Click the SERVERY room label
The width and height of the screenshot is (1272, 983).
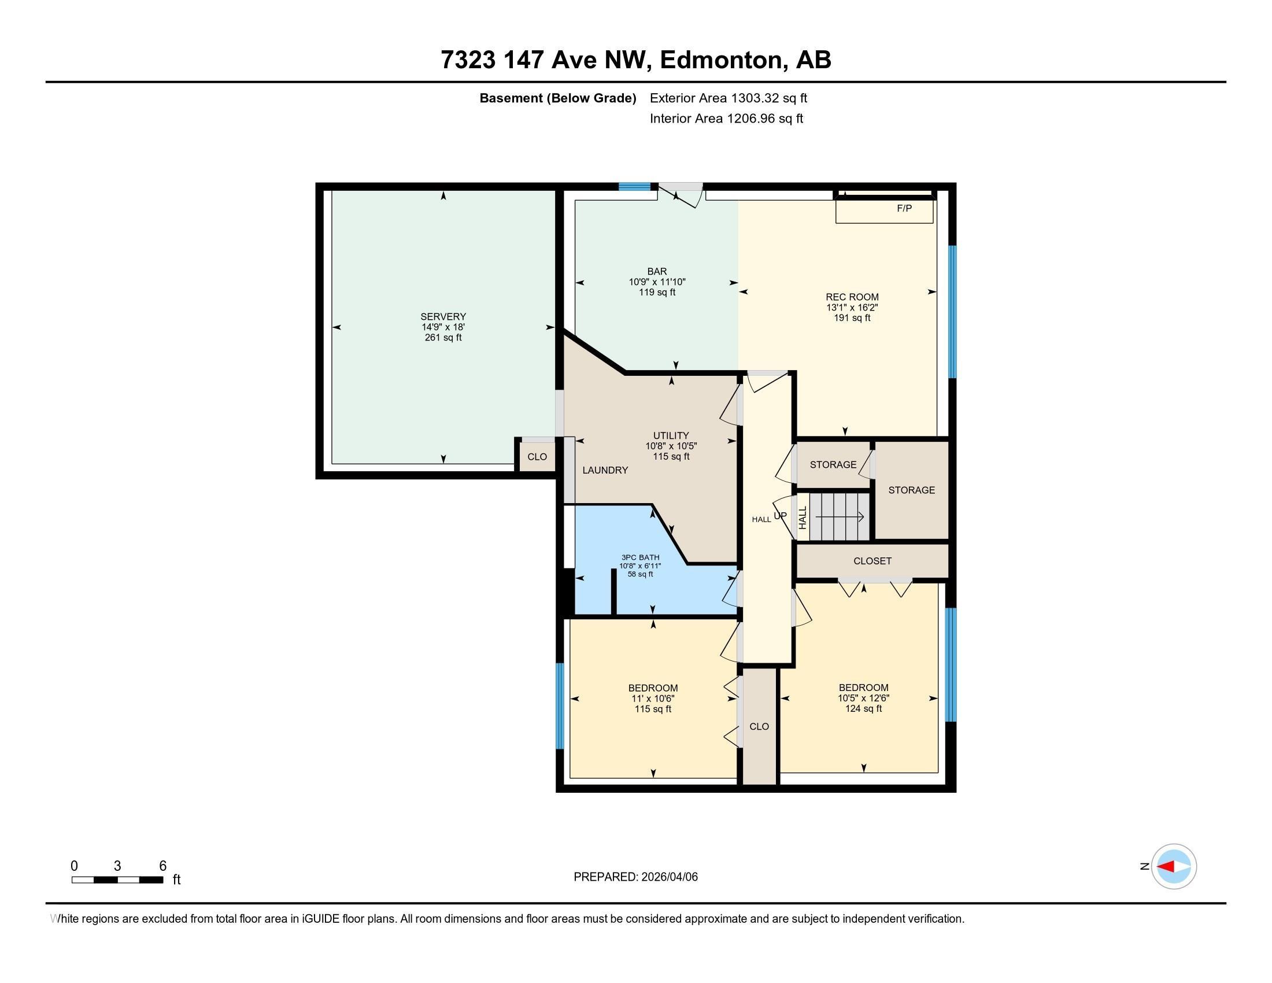click(x=443, y=317)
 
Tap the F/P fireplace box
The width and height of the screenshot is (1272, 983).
click(x=884, y=210)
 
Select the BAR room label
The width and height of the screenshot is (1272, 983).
click(x=657, y=271)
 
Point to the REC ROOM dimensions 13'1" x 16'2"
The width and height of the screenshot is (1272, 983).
click(x=852, y=308)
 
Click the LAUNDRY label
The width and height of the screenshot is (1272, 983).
click(x=605, y=471)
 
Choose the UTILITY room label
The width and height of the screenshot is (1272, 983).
click(x=671, y=435)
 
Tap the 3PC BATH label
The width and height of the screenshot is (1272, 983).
click(x=640, y=557)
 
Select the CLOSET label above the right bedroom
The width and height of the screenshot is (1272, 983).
click(x=872, y=561)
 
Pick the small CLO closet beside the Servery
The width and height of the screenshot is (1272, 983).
click(x=537, y=457)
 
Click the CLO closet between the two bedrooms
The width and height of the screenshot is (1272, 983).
click(x=759, y=726)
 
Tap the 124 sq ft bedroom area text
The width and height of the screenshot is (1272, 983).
click(x=863, y=709)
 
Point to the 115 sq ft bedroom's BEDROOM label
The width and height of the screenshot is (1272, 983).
click(x=652, y=688)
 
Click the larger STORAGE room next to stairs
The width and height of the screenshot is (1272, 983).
click(x=911, y=490)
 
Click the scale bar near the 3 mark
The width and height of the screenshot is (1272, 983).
click(x=117, y=879)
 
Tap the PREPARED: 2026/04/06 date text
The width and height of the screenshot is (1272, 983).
click(x=635, y=877)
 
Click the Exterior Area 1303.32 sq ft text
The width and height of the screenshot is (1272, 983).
click(x=728, y=98)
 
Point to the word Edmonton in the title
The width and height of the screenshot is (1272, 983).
click(x=720, y=60)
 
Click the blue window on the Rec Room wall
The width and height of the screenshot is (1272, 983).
click(x=952, y=312)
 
